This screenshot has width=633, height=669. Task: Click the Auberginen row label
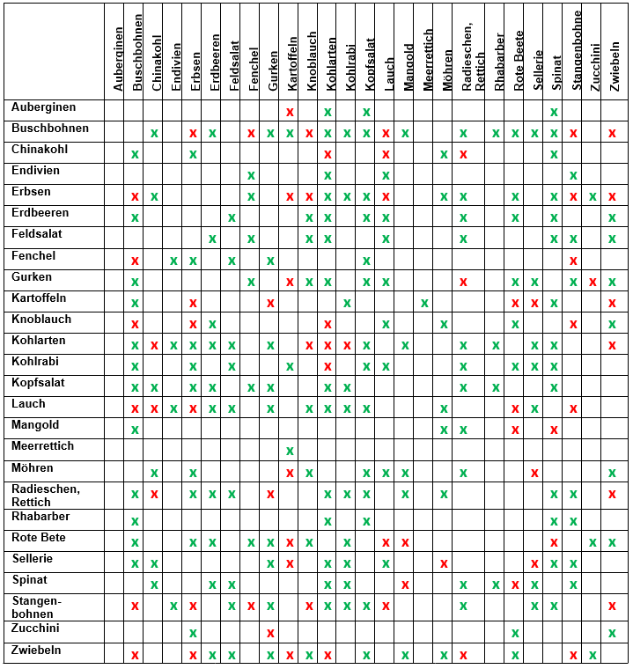click(x=43, y=107)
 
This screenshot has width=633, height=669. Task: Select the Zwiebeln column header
click(x=614, y=66)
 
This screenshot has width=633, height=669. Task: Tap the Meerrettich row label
click(x=42, y=446)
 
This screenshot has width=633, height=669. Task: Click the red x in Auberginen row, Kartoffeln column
click(x=290, y=112)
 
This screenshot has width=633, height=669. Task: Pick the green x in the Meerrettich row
click(x=290, y=451)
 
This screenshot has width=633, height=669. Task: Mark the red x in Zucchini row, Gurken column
click(x=270, y=633)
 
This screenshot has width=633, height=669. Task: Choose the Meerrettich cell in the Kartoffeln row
click(x=424, y=303)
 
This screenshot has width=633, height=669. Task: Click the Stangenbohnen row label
click(x=35, y=607)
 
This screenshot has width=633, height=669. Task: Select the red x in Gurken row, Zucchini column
click(x=593, y=282)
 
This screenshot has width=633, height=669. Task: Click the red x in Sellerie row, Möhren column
click(x=444, y=563)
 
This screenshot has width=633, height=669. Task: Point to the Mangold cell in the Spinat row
click(x=405, y=584)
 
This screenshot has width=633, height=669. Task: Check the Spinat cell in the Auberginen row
click(x=554, y=112)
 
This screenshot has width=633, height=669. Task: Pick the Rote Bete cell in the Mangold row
click(x=515, y=430)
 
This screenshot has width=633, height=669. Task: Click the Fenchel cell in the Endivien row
click(x=251, y=175)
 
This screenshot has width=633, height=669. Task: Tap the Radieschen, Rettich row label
click(x=45, y=495)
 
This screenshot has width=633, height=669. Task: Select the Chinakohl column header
click(x=156, y=67)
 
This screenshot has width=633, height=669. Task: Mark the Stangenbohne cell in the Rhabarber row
click(x=573, y=521)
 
